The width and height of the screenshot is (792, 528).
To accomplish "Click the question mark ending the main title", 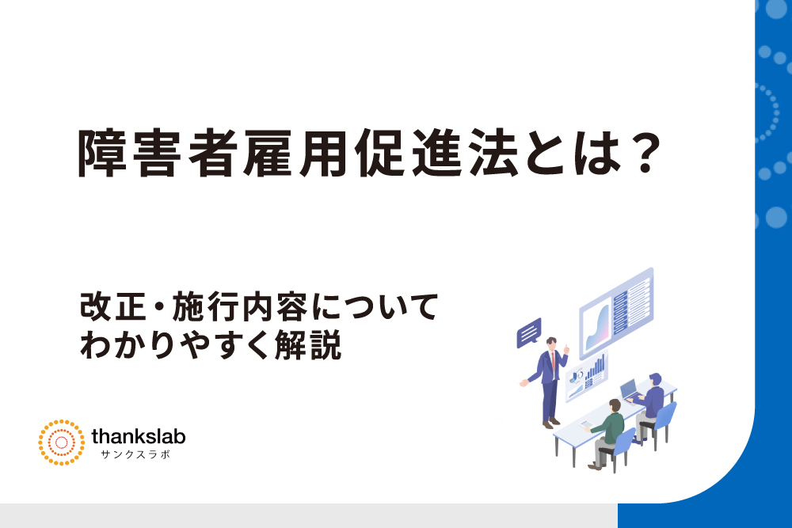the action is (x=646, y=153).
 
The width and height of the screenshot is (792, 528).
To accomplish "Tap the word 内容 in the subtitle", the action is (x=275, y=307).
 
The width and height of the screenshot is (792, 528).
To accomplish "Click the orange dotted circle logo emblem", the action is (x=62, y=443).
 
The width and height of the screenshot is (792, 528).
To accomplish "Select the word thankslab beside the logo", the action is (x=139, y=436).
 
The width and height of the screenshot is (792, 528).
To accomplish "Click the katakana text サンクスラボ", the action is (x=136, y=454).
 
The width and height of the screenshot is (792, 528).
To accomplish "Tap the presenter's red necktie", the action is (x=554, y=360).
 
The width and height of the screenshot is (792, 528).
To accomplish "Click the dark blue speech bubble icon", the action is (x=529, y=332).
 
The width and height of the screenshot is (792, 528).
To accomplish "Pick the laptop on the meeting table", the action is (x=630, y=392).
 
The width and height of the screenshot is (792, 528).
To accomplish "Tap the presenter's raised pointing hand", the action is (x=567, y=349).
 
